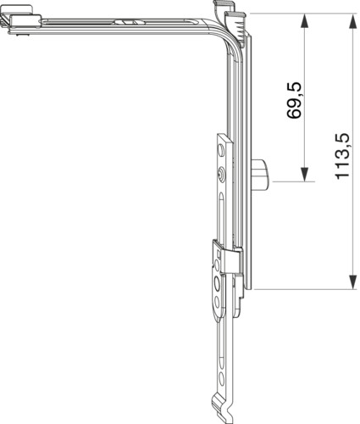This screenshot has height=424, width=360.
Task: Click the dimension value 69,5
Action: coord(294,101)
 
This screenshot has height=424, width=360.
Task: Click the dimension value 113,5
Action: coord(342,156)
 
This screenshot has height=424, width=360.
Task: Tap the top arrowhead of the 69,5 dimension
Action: coord(304,21)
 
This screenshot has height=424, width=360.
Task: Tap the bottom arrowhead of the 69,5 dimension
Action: coord(304,174)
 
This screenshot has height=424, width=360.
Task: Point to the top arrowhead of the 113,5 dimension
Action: coord(352,21)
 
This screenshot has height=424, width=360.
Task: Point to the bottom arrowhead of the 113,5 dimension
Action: coord(352,282)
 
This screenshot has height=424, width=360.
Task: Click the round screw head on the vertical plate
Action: coord(221,173)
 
